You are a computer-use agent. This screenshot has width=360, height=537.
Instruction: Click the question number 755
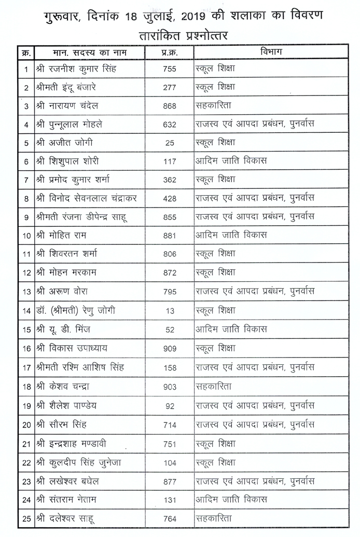pyautogui.click(x=170, y=69)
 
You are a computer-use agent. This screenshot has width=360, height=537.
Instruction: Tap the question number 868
pyautogui.click(x=170, y=106)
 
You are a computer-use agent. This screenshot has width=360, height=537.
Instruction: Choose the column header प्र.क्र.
pyautogui.click(x=170, y=52)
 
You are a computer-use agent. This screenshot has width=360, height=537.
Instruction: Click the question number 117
pyautogui.click(x=170, y=161)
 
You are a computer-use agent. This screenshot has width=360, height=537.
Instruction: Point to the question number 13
pyautogui.click(x=170, y=311)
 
